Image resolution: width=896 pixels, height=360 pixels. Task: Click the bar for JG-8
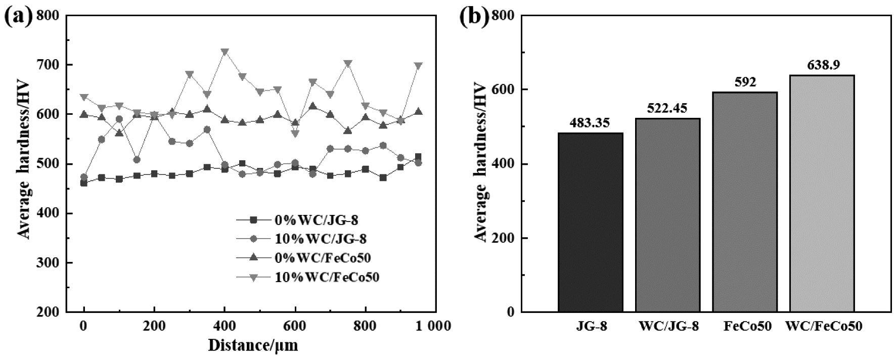tap(590, 222)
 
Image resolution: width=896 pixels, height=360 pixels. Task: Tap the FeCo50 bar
tap(744, 202)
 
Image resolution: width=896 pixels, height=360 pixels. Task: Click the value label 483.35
tap(590, 123)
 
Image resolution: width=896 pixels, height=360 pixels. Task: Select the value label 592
tap(744, 82)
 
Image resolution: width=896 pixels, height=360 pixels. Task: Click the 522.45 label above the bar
tap(667, 109)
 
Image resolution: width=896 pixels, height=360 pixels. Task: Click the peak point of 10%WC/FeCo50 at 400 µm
tap(225, 52)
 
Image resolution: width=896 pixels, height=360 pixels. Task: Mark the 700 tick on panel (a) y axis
tap(49, 65)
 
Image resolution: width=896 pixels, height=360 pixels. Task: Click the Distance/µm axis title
tap(253, 346)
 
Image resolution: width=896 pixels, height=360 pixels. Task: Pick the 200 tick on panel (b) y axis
tap(504, 238)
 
